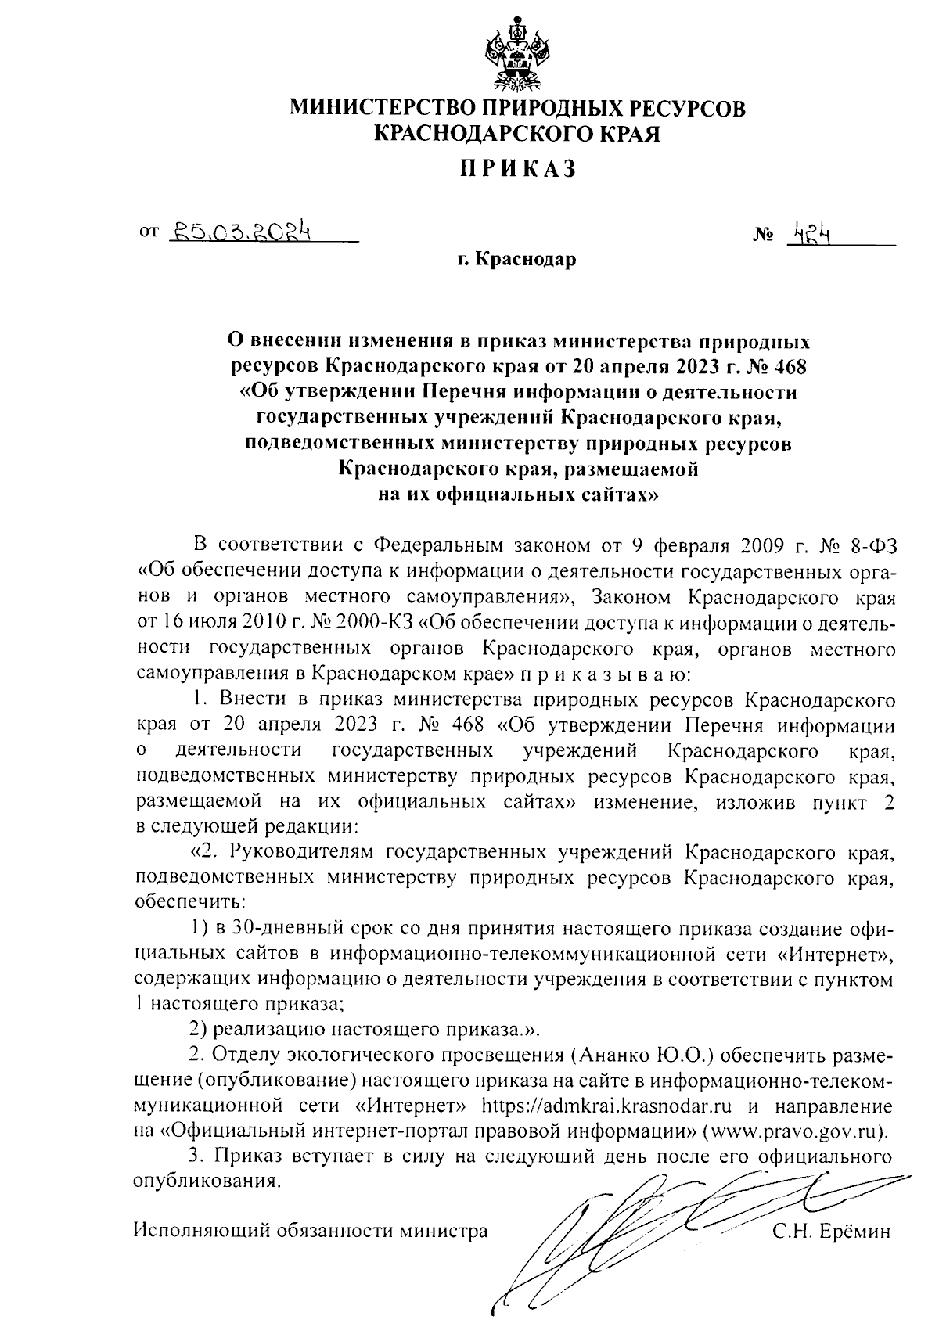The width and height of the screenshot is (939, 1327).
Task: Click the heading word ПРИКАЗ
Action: coord(517,168)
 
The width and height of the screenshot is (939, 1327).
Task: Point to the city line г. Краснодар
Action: coord(517,259)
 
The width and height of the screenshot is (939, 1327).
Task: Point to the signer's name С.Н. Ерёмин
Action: coord(831,1230)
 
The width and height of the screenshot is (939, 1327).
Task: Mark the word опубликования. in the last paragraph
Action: coord(207,1181)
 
